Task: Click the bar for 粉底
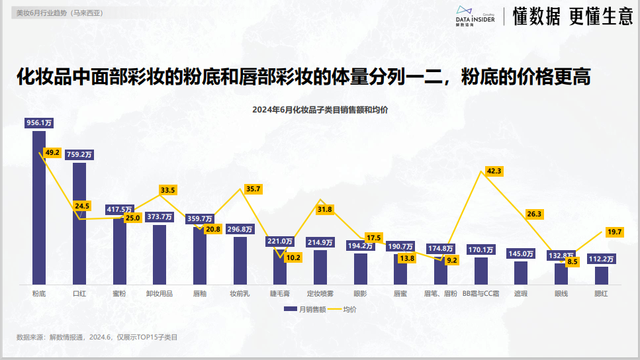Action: (39, 208)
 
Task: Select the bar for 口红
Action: (79, 225)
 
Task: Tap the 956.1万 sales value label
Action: (39, 122)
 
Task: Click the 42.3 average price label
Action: (494, 171)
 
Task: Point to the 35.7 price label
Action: (253, 189)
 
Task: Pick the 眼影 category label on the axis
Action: (360, 292)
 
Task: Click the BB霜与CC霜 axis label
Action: (481, 292)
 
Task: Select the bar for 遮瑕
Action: (521, 273)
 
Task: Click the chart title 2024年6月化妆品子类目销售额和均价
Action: (320, 109)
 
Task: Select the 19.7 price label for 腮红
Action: (614, 232)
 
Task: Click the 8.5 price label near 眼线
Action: (572, 261)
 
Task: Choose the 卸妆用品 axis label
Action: (160, 292)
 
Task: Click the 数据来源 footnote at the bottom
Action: (97, 337)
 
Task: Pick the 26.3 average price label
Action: (533, 214)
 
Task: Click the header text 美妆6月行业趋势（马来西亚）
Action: (60, 13)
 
